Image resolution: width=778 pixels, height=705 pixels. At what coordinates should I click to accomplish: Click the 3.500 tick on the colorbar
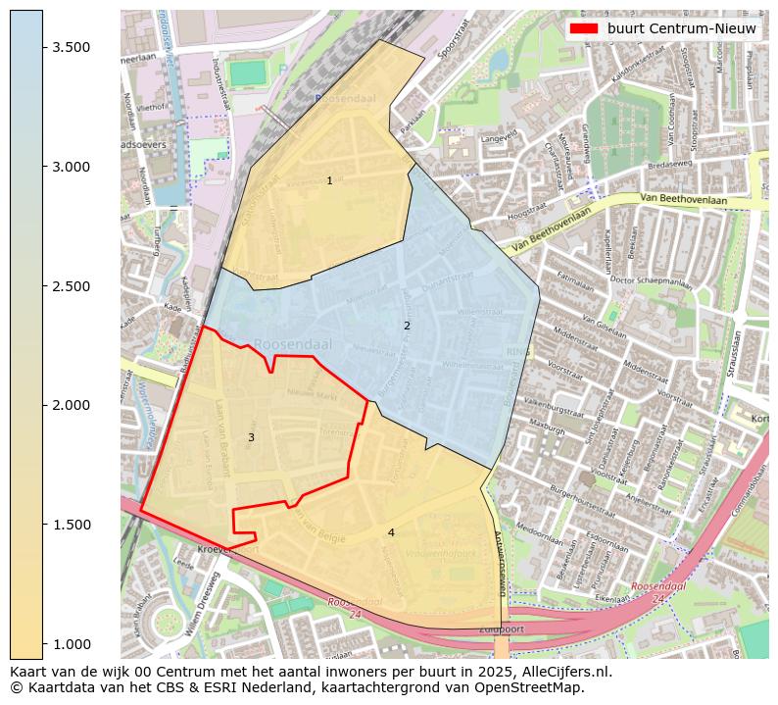click(72, 48)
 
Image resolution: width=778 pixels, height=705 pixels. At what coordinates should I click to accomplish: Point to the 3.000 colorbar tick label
click(72, 167)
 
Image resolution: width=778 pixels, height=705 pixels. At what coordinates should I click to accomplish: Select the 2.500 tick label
click(72, 286)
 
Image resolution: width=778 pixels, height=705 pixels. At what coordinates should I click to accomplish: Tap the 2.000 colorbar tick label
click(72, 405)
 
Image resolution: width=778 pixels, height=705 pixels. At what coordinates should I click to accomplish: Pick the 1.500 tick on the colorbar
click(72, 525)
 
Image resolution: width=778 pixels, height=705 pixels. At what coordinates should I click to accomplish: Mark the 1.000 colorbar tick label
click(72, 643)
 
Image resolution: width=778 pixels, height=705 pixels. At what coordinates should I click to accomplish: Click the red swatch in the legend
click(584, 29)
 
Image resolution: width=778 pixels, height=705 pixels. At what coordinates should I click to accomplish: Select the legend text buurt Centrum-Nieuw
click(682, 29)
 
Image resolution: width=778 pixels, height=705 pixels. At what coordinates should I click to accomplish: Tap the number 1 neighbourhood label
click(329, 180)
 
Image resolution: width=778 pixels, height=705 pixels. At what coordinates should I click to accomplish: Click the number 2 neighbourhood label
click(407, 326)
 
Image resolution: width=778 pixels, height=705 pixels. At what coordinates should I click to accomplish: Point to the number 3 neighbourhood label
click(251, 437)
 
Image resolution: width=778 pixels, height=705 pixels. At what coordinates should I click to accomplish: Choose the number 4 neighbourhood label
click(391, 532)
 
